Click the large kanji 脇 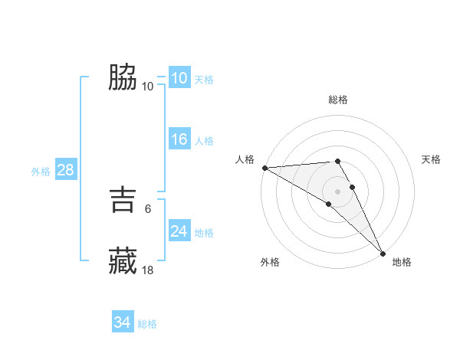point(122,77)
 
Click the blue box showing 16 point(179,139)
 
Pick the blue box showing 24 point(179,231)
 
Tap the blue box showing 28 point(65,170)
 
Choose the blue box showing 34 point(122,322)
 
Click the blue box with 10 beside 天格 point(179,78)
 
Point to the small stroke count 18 point(148,270)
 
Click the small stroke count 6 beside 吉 point(147,208)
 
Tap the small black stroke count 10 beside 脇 point(148,86)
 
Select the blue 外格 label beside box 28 point(41,172)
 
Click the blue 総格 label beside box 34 point(147,324)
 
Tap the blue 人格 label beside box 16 point(204,141)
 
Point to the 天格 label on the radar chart point(431,159)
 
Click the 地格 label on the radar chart point(402,262)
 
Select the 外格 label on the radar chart point(270,262)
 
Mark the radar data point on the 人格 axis point(264,167)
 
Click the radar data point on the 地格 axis point(383,253)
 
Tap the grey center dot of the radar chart point(338,191)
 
